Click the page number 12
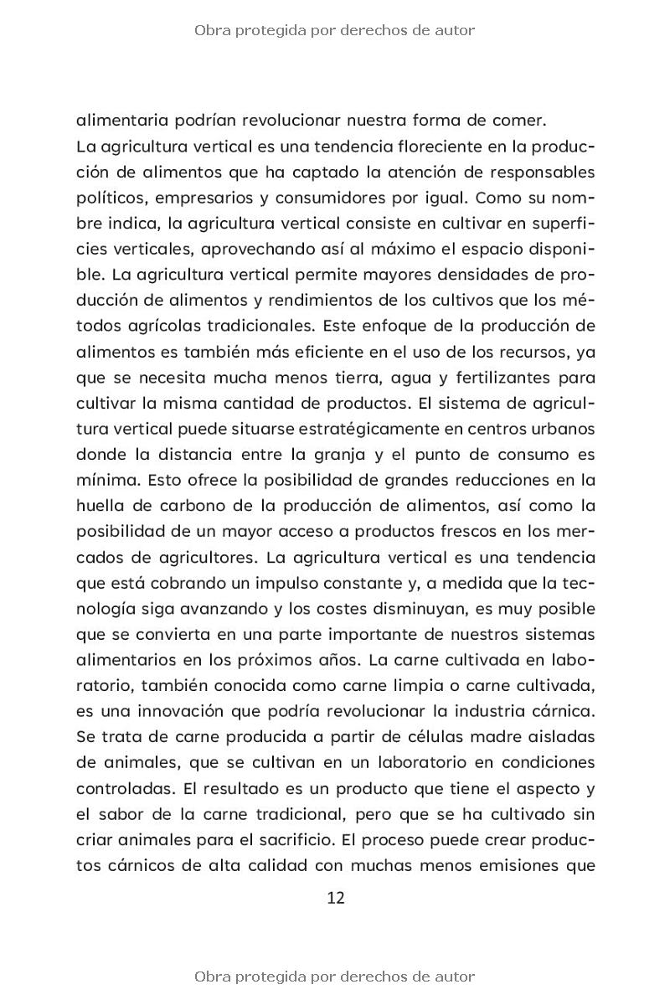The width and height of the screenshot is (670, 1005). tap(335, 898)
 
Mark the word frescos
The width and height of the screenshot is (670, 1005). tap(461, 531)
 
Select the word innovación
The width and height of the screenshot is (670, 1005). tap(214, 710)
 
